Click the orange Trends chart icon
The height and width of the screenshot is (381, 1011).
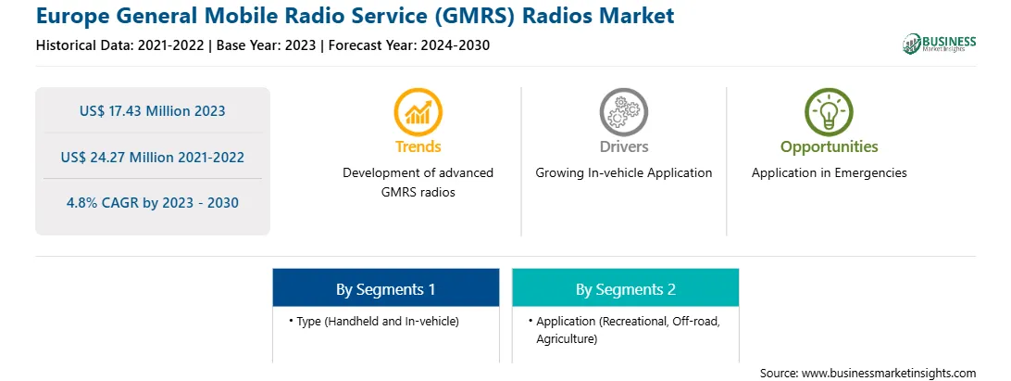pyautogui.click(x=418, y=112)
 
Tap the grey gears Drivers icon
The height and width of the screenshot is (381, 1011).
pyautogui.click(x=623, y=112)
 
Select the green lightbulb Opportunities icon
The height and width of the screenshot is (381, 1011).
pyautogui.click(x=829, y=112)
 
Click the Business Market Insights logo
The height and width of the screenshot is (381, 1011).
pyautogui.click(x=940, y=44)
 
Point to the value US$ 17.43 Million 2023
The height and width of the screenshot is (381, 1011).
pyautogui.click(x=153, y=111)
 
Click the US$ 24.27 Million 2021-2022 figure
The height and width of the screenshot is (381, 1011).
pyautogui.click(x=153, y=157)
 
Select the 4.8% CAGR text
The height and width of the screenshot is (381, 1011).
pyautogui.click(x=153, y=203)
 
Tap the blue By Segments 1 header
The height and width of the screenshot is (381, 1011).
pyautogui.click(x=385, y=288)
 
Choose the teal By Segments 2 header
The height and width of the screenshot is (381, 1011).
pyautogui.click(x=626, y=288)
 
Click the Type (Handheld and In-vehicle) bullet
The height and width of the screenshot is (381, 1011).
pyautogui.click(x=374, y=321)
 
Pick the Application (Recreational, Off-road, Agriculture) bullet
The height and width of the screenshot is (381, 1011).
pyautogui.click(x=624, y=330)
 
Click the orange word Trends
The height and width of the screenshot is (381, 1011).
pyautogui.click(x=418, y=146)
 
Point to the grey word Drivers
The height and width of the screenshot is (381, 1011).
pyautogui.click(x=623, y=146)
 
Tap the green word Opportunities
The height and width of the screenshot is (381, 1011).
pyautogui.click(x=830, y=146)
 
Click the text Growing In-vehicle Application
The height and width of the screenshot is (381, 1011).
pyautogui.click(x=623, y=173)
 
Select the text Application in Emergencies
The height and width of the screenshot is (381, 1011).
pyautogui.click(x=830, y=173)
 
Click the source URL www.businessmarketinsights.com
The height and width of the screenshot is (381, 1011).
pyautogui.click(x=889, y=374)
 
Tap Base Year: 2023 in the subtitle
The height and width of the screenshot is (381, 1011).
pyautogui.click(x=266, y=45)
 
